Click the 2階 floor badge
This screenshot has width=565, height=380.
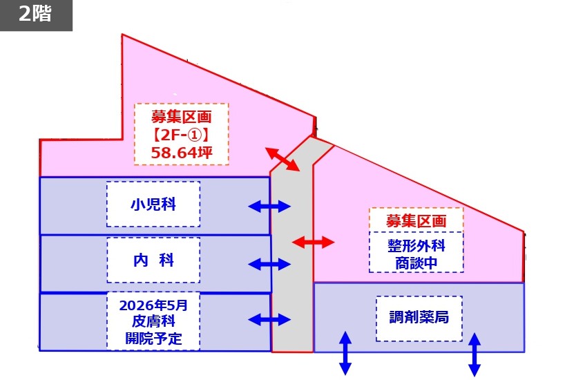pyautogui.click(x=35, y=15)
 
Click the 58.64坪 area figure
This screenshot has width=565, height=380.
pyautogui.click(x=181, y=151)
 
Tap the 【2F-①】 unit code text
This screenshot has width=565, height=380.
pyautogui.click(x=181, y=133)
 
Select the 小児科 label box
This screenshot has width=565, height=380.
pyautogui.click(x=153, y=205)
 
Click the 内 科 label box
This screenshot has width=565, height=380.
pyautogui.click(x=153, y=260)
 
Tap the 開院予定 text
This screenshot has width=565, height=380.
pyautogui.click(x=153, y=339)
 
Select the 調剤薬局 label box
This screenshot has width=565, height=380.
pyautogui.click(x=419, y=318)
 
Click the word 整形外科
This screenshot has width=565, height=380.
pyautogui.click(x=416, y=245)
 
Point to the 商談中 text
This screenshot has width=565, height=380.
pyautogui.click(x=416, y=263)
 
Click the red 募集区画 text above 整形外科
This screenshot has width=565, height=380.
pyautogui.click(x=416, y=221)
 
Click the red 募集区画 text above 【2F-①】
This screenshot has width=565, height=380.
pyautogui.click(x=181, y=115)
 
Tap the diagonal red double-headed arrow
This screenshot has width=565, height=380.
pyautogui.click(x=282, y=159)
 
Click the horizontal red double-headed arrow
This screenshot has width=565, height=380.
pyautogui.click(x=313, y=242)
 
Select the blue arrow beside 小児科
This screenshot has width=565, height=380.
pyautogui.click(x=269, y=206)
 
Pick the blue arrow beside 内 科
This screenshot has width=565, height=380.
pyautogui.click(x=269, y=263)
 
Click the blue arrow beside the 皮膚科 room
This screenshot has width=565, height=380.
pyautogui.click(x=269, y=319)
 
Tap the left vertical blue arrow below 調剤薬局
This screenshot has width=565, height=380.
pyautogui.click(x=345, y=353)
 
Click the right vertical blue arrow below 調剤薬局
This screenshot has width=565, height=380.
pyautogui.click(x=475, y=354)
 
